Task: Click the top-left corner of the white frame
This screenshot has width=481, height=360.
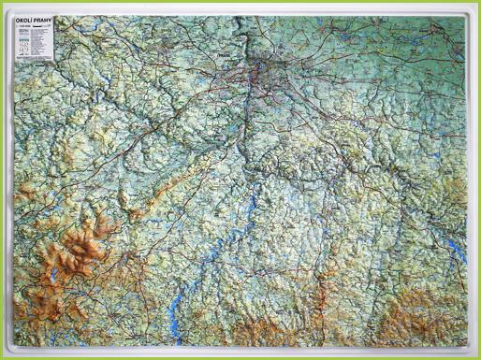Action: pyautogui.click(x=7, y=8)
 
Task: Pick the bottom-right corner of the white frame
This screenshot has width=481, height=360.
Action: pyautogui.click(x=474, y=352)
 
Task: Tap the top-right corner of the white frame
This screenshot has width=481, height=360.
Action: pyautogui.click(x=474, y=8)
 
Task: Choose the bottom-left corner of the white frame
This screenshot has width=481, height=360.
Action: pyautogui.click(x=7, y=352)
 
